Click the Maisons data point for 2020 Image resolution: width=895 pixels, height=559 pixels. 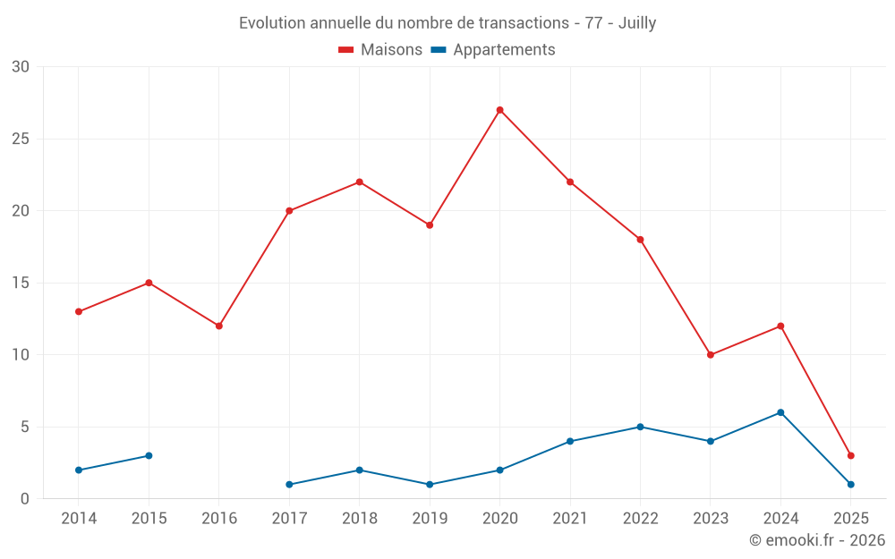click(499, 110)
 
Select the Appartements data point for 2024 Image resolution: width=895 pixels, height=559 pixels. click(780, 412)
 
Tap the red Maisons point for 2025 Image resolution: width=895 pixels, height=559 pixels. click(850, 455)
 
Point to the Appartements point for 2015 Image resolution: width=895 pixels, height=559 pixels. click(149, 455)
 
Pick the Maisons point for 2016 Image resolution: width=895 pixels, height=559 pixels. click(218, 326)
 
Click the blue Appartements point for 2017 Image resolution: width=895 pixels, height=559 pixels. click(289, 484)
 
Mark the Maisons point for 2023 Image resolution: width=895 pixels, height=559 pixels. click(711, 355)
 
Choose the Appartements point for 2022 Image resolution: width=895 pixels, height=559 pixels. click(640, 427)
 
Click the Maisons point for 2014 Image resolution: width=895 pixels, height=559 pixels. click(79, 311)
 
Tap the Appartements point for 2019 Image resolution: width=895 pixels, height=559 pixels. click(430, 484)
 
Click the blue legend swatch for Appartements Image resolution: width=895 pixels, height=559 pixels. click(439, 50)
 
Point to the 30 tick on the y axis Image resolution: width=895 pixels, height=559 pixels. click(21, 67)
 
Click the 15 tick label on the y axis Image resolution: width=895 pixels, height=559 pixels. click(21, 283)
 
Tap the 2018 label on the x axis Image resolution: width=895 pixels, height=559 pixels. click(359, 519)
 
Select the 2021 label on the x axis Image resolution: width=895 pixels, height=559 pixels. click(570, 519)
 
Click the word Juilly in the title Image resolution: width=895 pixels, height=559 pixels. click(637, 23)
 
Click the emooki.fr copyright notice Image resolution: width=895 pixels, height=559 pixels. click(817, 540)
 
